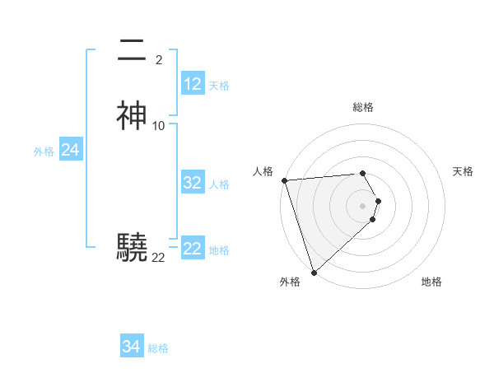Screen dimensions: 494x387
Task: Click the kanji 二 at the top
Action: click(x=132, y=51)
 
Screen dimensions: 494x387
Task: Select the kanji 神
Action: click(x=132, y=116)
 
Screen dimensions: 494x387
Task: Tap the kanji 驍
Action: click(x=132, y=247)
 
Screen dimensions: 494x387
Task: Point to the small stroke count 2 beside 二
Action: click(x=159, y=60)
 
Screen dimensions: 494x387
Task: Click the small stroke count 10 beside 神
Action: click(x=159, y=126)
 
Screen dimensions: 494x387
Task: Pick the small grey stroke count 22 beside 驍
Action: click(x=159, y=258)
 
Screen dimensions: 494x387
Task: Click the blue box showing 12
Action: click(x=193, y=84)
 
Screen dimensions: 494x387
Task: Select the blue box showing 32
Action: click(x=193, y=183)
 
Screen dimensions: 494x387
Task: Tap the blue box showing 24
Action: click(x=71, y=150)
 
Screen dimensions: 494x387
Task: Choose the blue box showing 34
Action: click(x=132, y=347)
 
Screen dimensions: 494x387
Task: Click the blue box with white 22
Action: click(x=193, y=249)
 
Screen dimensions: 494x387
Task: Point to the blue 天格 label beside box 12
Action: click(x=219, y=86)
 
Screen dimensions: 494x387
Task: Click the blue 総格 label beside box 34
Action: click(x=158, y=348)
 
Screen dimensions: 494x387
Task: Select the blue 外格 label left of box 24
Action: click(x=44, y=152)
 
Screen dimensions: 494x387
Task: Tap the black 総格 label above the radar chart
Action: click(x=363, y=107)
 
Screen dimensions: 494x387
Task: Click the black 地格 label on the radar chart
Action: click(x=431, y=282)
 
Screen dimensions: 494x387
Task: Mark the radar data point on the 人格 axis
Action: click(x=284, y=180)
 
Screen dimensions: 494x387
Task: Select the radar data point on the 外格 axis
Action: click(x=314, y=272)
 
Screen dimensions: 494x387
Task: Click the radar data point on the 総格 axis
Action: click(x=363, y=173)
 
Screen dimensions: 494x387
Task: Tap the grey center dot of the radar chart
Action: click(x=363, y=205)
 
